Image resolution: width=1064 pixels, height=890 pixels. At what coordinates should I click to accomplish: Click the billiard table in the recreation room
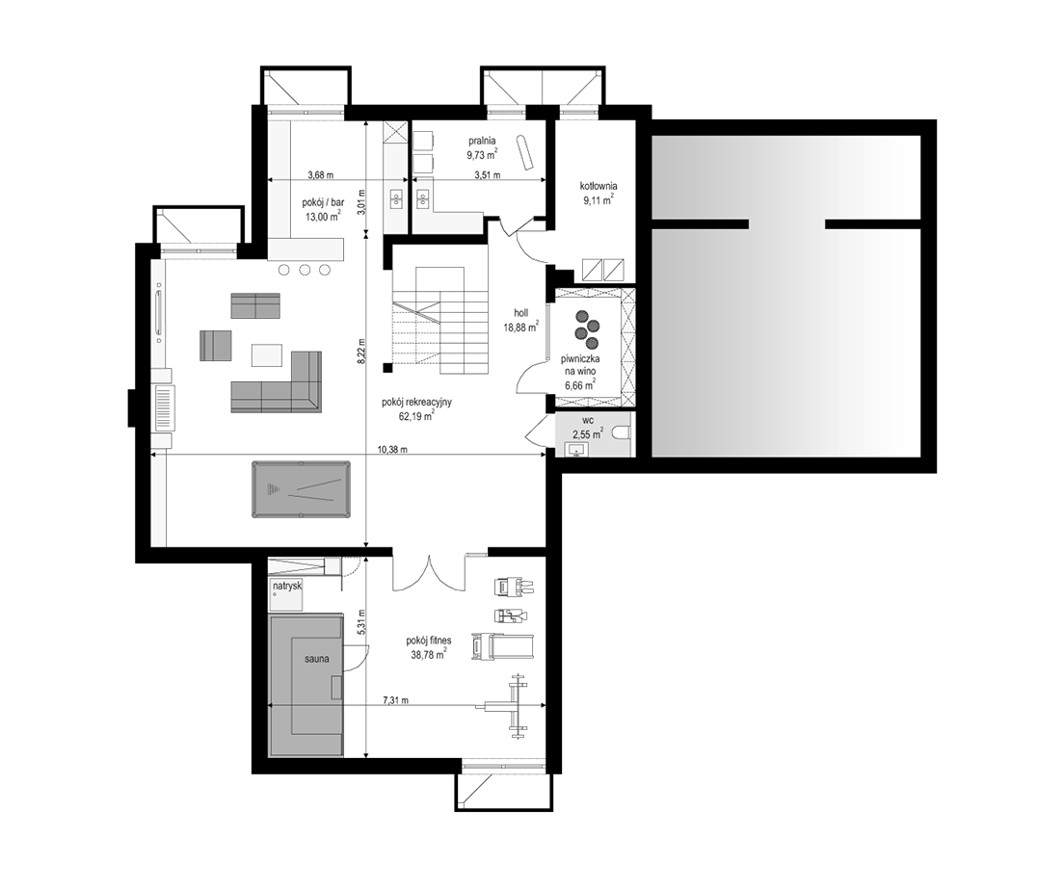[x=302, y=489]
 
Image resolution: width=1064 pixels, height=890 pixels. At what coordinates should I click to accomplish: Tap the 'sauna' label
[x=317, y=658]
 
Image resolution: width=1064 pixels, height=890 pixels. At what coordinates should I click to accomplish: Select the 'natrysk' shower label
[x=287, y=585]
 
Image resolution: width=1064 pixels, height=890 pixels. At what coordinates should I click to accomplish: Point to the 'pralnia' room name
[x=482, y=141]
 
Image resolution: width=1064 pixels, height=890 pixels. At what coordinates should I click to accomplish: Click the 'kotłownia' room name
[x=598, y=186]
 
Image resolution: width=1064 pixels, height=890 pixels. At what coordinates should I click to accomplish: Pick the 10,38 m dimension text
[x=392, y=449]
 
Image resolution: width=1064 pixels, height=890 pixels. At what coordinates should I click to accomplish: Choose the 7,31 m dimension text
[x=395, y=700]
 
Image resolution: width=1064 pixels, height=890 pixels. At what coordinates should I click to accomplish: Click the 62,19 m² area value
[x=416, y=416]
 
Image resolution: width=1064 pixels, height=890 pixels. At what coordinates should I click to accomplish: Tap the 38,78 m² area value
[x=428, y=655]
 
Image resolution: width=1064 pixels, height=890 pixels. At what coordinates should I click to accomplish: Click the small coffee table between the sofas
[x=267, y=355]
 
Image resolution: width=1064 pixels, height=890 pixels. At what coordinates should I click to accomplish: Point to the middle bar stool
[x=305, y=270]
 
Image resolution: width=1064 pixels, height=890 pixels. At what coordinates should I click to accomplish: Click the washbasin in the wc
[x=576, y=449]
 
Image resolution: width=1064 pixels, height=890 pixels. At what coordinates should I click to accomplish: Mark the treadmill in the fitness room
[x=502, y=646]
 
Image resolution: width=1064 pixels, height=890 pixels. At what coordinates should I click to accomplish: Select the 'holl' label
[x=521, y=313]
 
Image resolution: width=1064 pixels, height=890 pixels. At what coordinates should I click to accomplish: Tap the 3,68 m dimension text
[x=320, y=174]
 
